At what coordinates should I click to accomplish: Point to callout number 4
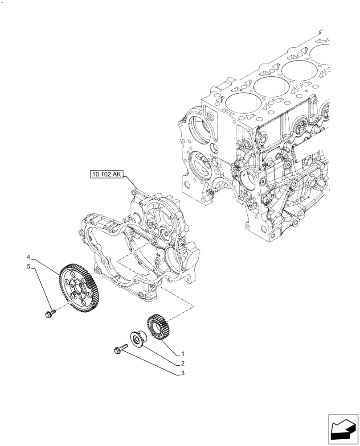click(28, 257)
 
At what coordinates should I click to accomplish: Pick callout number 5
click(28, 267)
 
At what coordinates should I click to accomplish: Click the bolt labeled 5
click(49, 313)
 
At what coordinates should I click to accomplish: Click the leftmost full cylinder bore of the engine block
click(243, 107)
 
